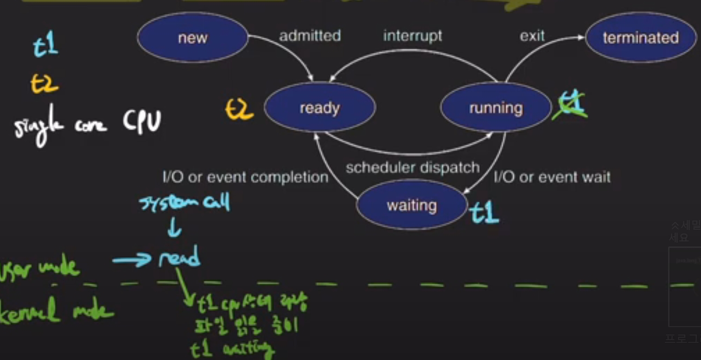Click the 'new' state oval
(192, 38)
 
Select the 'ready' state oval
(319, 108)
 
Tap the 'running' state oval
(496, 108)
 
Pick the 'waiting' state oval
(412, 205)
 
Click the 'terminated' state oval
(641, 38)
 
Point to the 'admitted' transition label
(310, 36)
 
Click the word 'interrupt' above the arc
(412, 36)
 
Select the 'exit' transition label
(532, 36)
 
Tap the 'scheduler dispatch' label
(413, 167)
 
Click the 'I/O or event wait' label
(552, 177)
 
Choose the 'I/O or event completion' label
(245, 177)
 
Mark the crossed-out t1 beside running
(570, 105)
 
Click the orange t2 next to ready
(239, 110)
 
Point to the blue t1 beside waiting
(484, 213)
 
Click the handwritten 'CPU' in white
(142, 121)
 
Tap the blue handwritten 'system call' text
(185, 202)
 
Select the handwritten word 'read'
(180, 257)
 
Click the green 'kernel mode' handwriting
(56, 312)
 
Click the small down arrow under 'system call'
(175, 228)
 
